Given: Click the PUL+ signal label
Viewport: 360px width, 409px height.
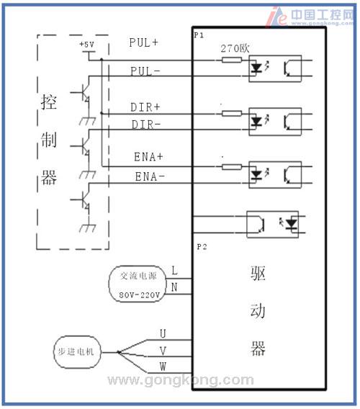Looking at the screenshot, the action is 144,42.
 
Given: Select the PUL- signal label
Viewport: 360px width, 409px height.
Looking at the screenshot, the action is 145,71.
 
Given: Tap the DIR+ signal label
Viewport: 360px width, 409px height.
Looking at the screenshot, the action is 145,107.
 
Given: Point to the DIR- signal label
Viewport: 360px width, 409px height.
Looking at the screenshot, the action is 146,125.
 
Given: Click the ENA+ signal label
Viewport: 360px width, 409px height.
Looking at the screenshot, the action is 148,157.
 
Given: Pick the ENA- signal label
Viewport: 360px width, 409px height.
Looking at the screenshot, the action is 150,176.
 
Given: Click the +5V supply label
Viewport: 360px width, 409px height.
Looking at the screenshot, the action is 87,45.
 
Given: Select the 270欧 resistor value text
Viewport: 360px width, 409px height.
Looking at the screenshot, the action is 235,48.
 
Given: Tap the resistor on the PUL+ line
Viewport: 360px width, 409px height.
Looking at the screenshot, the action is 232,60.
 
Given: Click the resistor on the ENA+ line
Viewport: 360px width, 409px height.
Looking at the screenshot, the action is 232,167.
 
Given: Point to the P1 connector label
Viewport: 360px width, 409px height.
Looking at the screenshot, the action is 199,35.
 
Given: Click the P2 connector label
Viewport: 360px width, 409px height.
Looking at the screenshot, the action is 202,247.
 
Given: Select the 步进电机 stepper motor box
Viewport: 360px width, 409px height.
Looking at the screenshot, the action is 77,352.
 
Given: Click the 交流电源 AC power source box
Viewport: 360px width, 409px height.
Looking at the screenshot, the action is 138,284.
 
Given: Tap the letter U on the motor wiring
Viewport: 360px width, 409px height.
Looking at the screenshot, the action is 163,333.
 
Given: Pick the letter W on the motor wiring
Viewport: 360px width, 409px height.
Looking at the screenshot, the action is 163,367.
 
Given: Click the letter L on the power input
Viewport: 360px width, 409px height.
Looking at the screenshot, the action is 174,271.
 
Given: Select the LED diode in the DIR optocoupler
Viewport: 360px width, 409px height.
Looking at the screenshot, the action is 256,121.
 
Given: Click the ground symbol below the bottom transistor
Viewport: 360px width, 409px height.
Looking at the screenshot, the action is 88,228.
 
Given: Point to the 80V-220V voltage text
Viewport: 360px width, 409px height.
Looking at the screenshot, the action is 139,295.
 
